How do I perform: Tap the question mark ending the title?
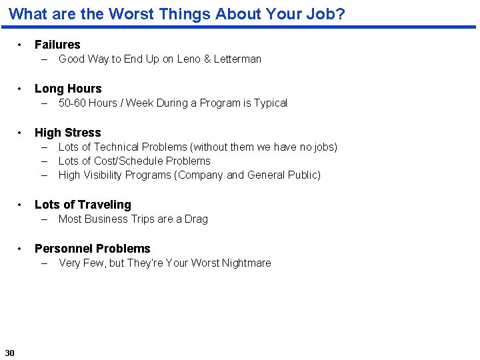pos(341,13)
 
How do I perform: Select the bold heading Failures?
pos(57,45)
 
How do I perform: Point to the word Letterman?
pos(237,59)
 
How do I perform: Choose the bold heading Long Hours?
pos(68,89)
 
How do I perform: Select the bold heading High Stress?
pos(68,133)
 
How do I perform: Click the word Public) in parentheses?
pos(304,175)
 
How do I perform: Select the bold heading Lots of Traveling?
pos(83,205)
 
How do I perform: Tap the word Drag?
pos(196,219)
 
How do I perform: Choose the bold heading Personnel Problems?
pos(93,249)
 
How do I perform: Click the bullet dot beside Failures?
pos(21,45)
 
